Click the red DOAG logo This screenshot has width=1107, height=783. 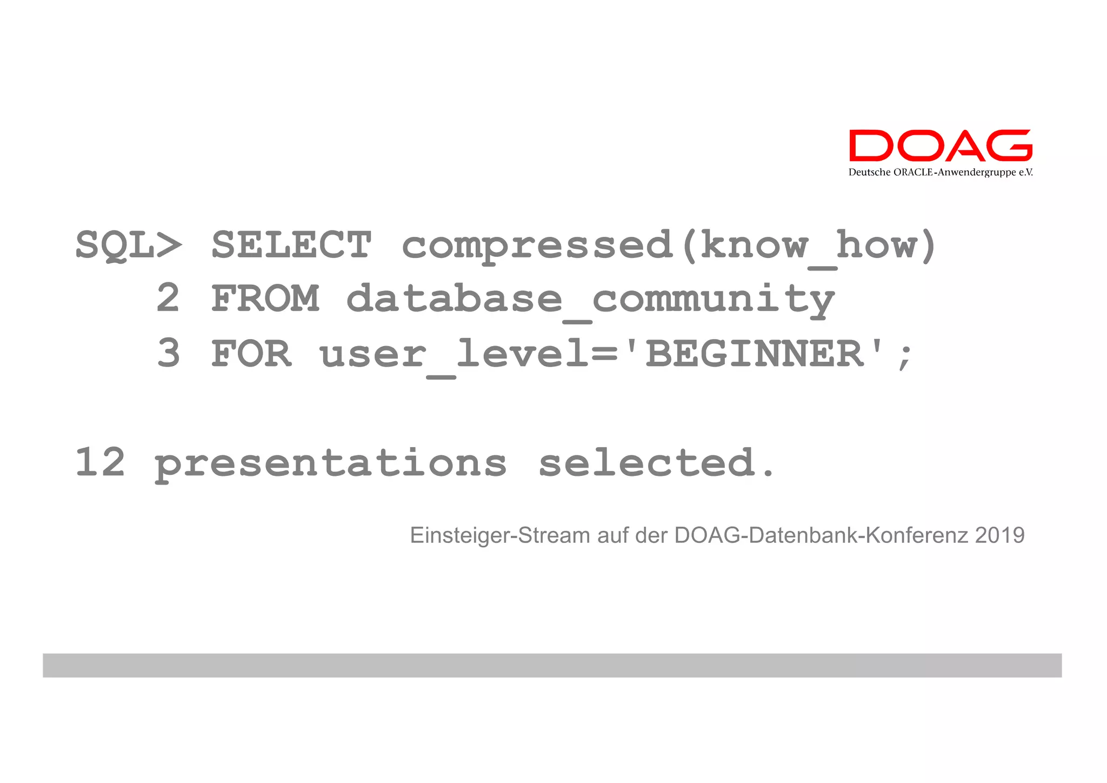point(940,145)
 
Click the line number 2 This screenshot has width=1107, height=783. point(168,299)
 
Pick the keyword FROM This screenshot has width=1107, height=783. point(265,299)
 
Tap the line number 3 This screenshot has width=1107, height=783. point(168,354)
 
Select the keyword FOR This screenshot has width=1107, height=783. point(251,354)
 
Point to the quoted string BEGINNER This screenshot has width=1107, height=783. point(755,354)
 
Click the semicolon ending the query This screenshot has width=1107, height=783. point(904,357)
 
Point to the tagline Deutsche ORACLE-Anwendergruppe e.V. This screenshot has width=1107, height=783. point(940,172)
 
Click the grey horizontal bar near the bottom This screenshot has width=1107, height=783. point(552,665)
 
